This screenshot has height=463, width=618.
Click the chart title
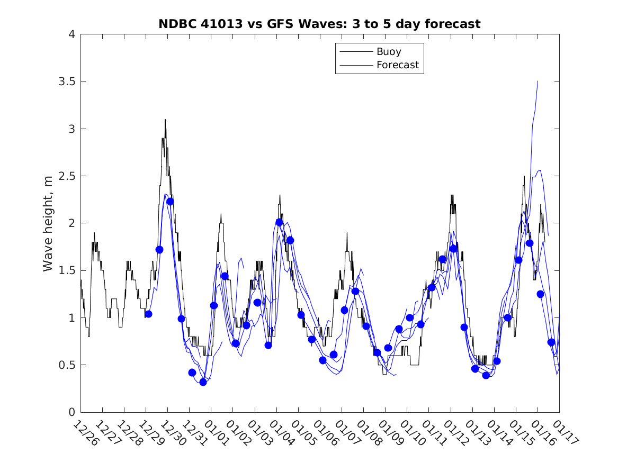(319, 24)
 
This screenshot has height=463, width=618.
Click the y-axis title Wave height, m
(48, 223)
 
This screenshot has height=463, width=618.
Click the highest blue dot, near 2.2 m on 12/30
(170, 201)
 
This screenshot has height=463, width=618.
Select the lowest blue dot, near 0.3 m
(203, 382)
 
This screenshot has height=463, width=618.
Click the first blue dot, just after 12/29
(148, 314)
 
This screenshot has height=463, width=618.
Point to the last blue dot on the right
(551, 342)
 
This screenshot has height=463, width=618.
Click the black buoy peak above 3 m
(165, 120)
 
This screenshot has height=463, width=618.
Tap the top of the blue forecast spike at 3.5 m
(538, 81)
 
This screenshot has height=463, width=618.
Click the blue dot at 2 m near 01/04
(279, 222)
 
